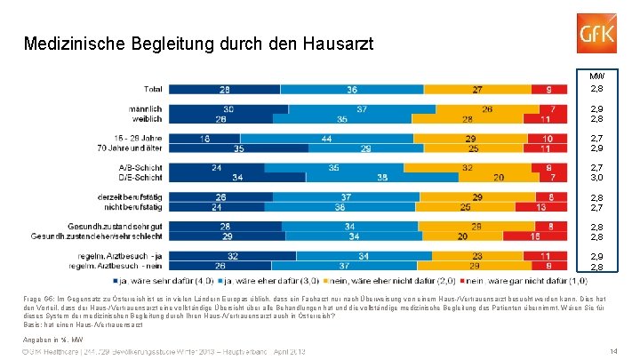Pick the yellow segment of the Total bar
click(x=479, y=90)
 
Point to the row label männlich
click(x=144, y=109)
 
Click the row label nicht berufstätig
click(x=133, y=206)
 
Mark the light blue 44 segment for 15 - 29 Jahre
click(x=327, y=139)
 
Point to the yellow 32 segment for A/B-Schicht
click(x=467, y=167)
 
